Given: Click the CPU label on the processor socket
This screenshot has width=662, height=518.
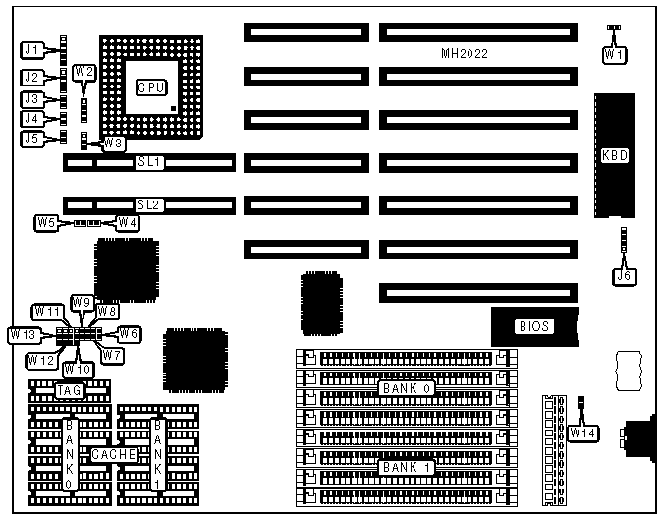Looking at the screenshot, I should pos(150,87).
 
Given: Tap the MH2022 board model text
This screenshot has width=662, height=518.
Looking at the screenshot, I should pos(465,54).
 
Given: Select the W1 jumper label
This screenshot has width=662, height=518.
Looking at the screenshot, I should pos(613,55).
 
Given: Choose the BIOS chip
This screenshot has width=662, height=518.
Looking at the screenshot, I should pos(532,326).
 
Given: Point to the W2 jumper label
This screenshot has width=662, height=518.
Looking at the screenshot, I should pos(84,71).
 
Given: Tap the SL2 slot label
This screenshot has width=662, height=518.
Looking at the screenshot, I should pos(149,204).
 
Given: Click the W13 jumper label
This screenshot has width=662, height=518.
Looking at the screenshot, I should pos(24,335).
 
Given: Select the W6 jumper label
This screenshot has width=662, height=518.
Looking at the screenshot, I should pos(130,333).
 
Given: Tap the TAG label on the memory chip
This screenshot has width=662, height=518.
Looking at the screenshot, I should pos(68,391).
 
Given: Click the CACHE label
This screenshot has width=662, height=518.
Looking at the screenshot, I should pos(114,454).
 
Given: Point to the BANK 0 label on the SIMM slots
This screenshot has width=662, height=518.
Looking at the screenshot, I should pos(407,388).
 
